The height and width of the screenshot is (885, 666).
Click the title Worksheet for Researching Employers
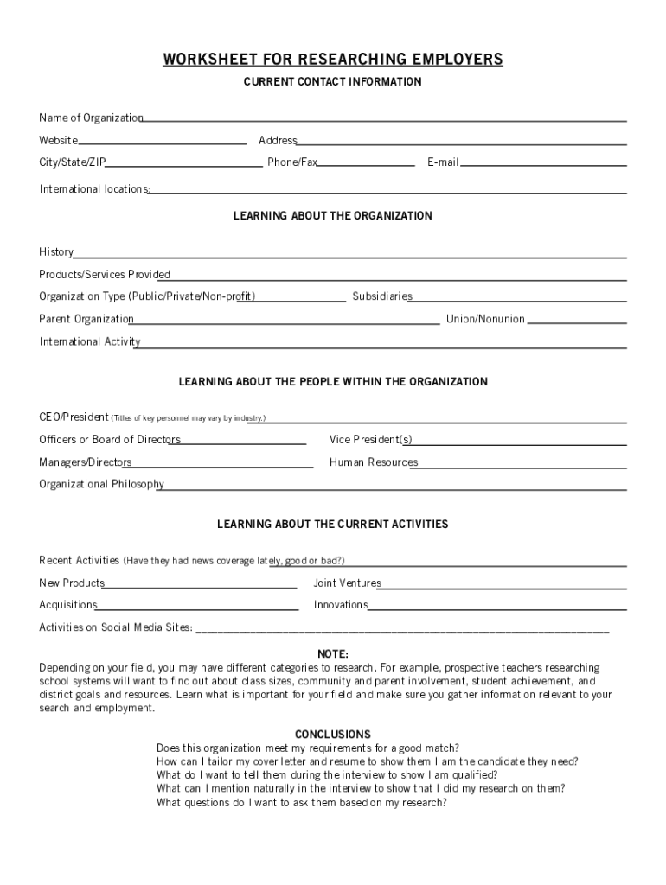[x=333, y=59]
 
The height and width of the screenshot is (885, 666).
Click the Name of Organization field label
[x=91, y=118]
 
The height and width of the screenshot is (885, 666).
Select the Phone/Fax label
[x=292, y=162]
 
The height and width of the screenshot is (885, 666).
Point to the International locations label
[x=94, y=188]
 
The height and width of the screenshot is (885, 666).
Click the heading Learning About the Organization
[x=333, y=216]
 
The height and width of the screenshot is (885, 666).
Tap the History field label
[x=56, y=252]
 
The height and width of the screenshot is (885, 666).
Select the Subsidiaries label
[x=381, y=296]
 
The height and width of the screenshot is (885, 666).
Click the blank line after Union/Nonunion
[x=577, y=322]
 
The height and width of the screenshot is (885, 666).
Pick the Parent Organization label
[x=86, y=319]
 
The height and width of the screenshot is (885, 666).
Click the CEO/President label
[x=74, y=417]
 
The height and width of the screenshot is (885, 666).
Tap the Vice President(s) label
[x=370, y=440]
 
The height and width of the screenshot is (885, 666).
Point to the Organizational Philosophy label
[x=101, y=484]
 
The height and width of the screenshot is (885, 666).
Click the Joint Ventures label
[x=347, y=583]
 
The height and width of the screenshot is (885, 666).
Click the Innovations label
[x=341, y=605]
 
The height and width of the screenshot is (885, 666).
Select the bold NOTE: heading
[x=333, y=653]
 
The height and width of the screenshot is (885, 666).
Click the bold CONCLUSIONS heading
[x=333, y=735]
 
